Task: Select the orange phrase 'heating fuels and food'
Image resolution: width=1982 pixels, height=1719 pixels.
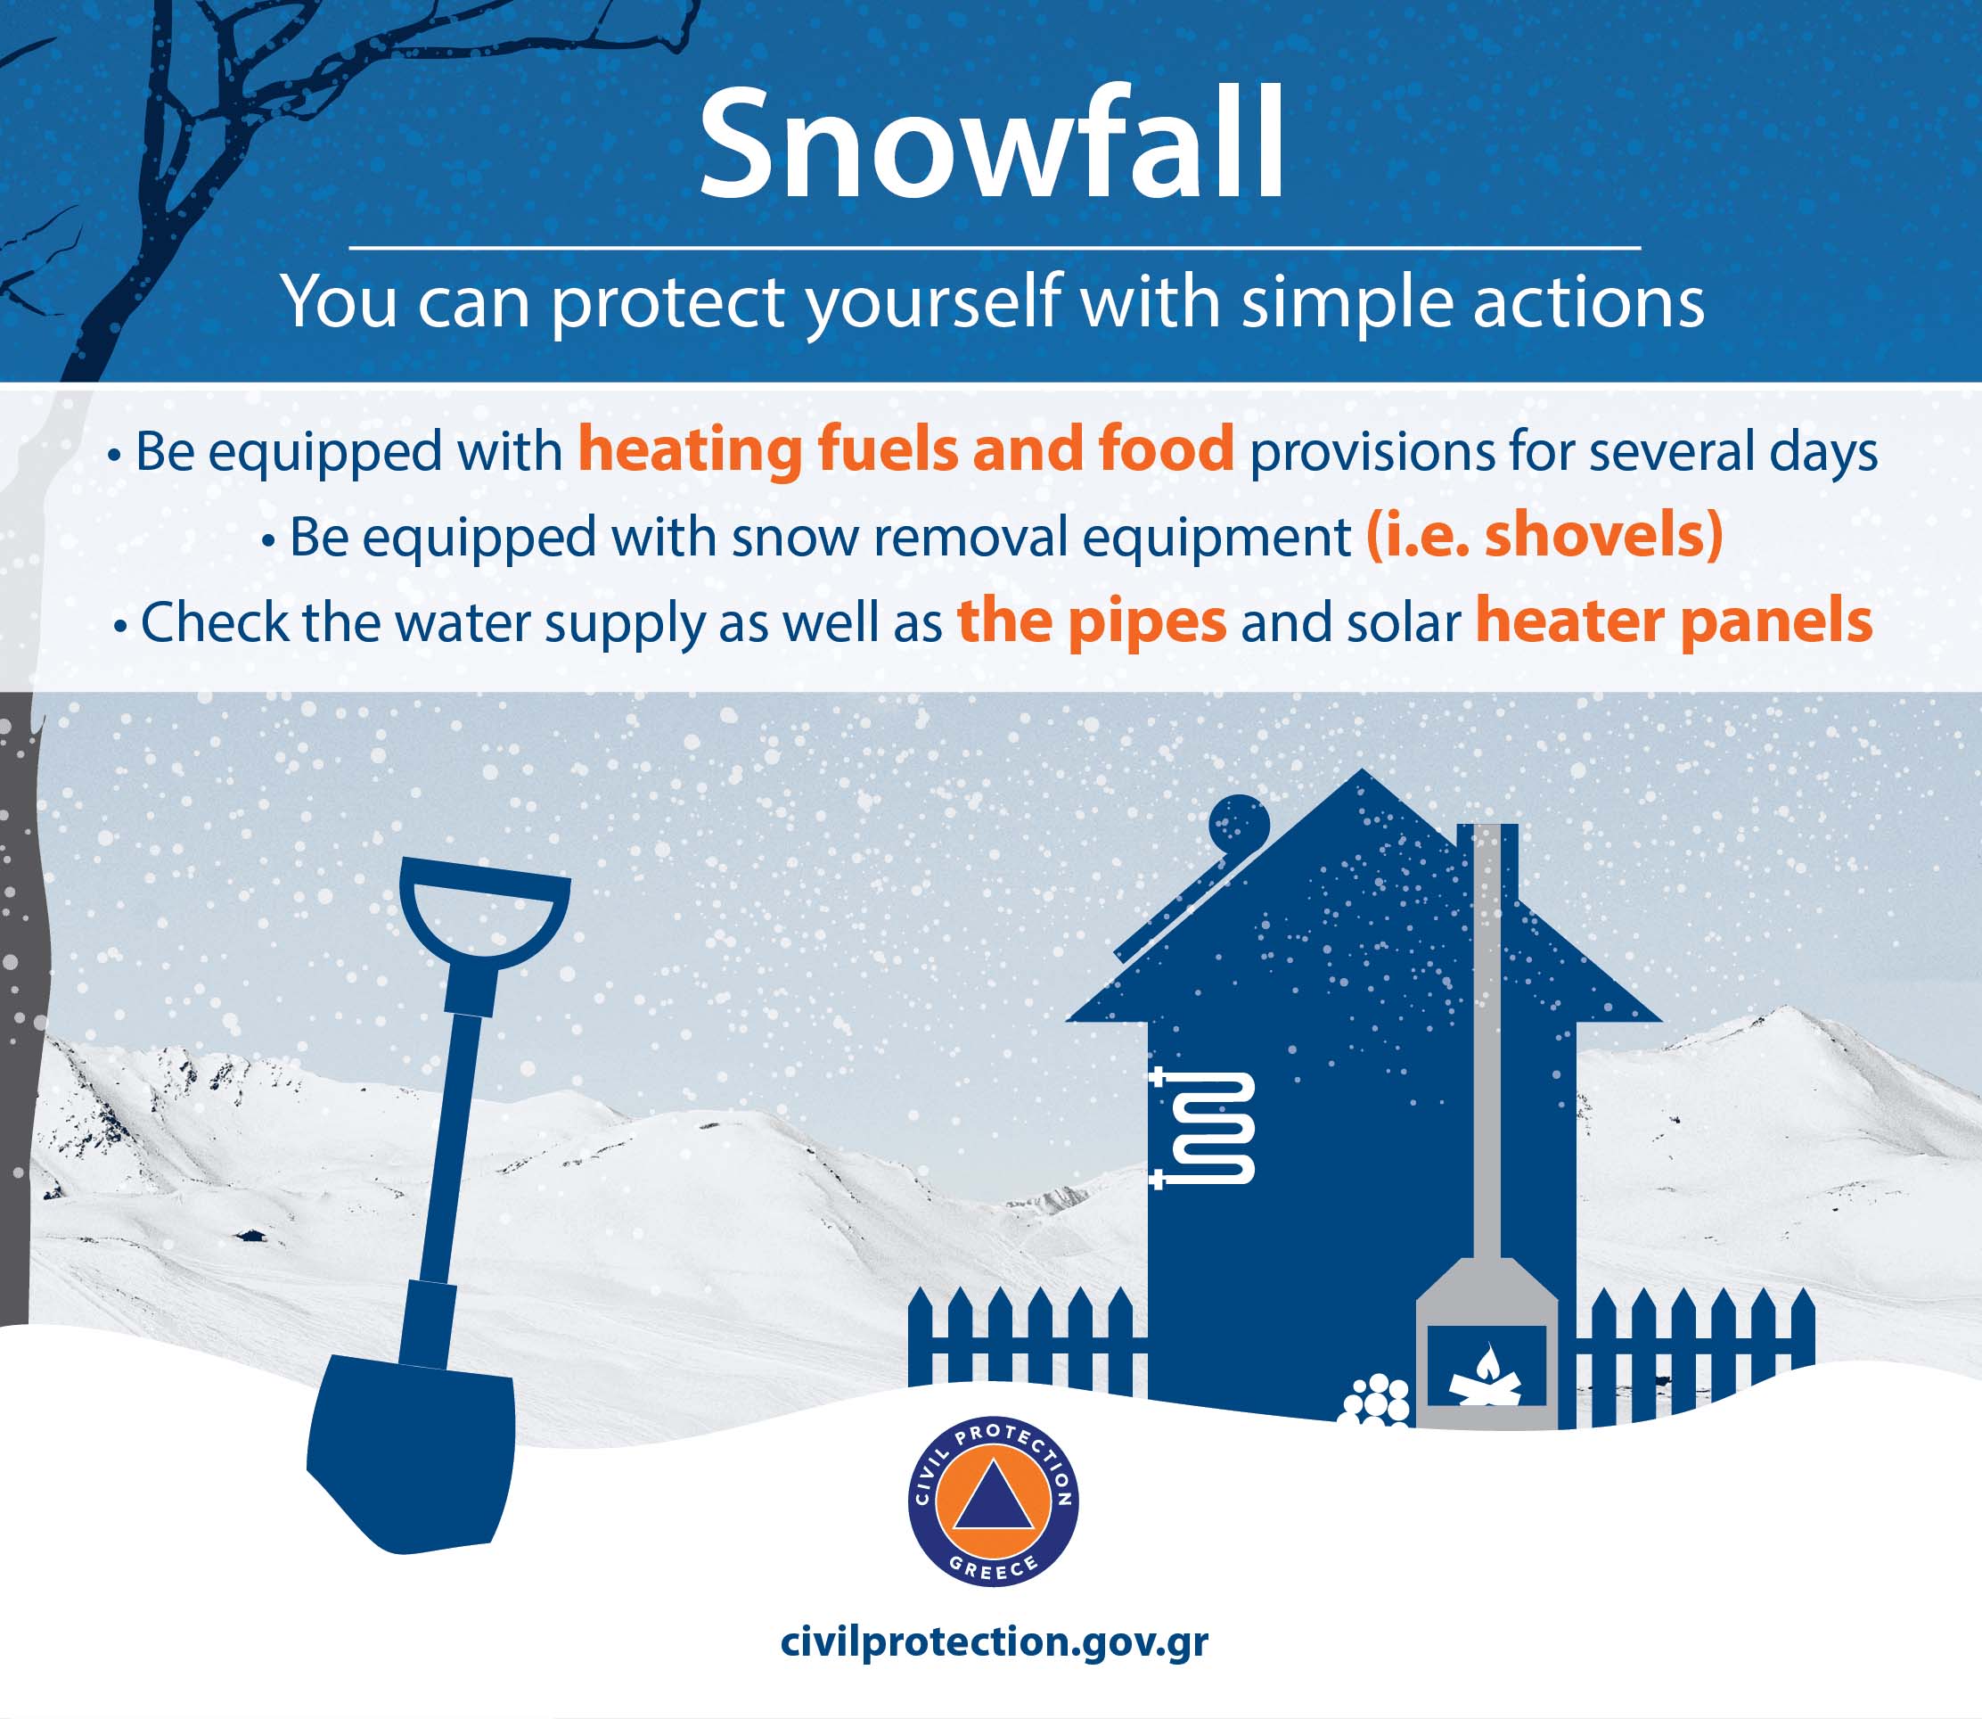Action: point(905,450)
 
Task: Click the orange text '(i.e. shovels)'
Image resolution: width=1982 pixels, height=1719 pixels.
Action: point(1544,536)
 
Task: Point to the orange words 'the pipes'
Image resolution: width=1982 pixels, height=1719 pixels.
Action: point(1093,621)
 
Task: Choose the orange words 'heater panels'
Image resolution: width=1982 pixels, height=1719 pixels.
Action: point(1674,621)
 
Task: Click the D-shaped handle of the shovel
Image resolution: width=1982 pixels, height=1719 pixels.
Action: point(484,911)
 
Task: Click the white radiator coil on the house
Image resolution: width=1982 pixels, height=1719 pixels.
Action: point(1202,1128)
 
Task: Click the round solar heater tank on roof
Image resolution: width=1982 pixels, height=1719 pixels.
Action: point(1239,824)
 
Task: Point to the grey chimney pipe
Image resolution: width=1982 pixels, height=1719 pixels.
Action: point(1486,1040)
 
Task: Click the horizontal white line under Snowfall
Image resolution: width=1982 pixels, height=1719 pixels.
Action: point(995,248)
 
